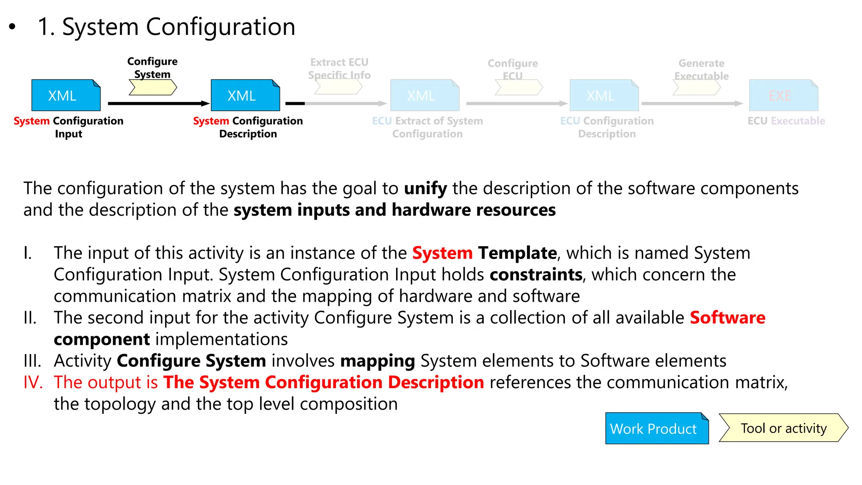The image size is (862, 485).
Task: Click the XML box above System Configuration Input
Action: pos(66,95)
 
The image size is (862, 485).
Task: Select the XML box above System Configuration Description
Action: pos(245,95)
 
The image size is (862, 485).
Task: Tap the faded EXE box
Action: pos(783,95)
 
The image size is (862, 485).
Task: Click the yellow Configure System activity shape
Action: pos(152,88)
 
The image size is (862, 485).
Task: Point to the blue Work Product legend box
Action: pos(657,428)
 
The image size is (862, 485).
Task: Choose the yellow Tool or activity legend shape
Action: pos(783,428)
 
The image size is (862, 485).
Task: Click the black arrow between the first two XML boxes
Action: pos(158,103)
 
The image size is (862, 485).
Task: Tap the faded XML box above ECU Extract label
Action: pos(424,95)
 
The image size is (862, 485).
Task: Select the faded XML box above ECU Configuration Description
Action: pos(604,95)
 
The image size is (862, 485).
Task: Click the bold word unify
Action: pos(425,188)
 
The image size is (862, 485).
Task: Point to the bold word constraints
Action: pos(536,274)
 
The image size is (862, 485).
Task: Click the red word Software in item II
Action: pos(727,317)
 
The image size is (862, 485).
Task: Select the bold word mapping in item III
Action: pos(378,361)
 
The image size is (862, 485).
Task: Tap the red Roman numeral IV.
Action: pos(33,382)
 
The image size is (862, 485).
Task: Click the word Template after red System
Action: pos(517,253)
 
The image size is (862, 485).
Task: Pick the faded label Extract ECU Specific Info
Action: pos(339,69)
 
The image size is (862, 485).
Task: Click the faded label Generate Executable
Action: pos(701,69)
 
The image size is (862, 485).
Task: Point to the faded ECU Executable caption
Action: pos(786,121)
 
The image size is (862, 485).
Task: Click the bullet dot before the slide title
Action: pos(12,27)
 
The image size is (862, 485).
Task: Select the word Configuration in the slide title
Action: pos(220,27)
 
